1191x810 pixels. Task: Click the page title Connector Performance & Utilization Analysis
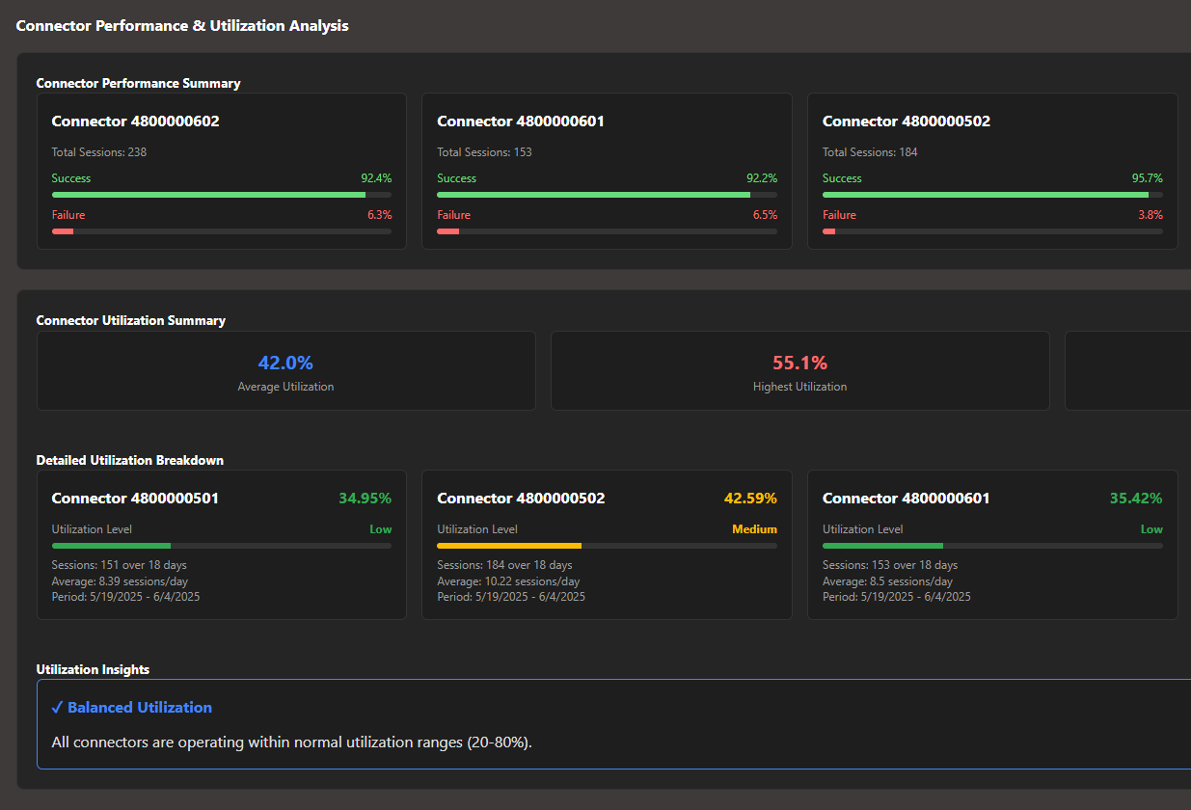(x=182, y=26)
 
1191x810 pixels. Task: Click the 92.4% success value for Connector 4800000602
(x=376, y=178)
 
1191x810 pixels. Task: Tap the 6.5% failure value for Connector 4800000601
(x=765, y=215)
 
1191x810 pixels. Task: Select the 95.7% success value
(x=1147, y=178)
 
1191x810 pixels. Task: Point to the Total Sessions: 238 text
(x=99, y=152)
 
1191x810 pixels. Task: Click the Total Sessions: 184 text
(x=870, y=152)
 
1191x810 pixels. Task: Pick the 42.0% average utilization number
(x=285, y=364)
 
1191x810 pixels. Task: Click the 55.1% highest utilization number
(x=799, y=364)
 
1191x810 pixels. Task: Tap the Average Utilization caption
(x=285, y=387)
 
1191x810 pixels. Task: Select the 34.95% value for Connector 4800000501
(x=365, y=499)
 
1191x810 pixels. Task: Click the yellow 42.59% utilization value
(x=750, y=499)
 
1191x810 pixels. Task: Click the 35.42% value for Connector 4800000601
(x=1136, y=499)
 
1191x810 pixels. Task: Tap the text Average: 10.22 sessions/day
(x=508, y=581)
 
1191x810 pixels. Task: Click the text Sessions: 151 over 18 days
(x=119, y=565)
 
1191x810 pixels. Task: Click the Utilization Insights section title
(x=93, y=669)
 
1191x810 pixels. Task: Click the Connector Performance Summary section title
(x=138, y=84)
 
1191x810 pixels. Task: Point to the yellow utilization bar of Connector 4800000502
(x=509, y=546)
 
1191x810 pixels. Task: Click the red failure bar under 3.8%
(x=828, y=231)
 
